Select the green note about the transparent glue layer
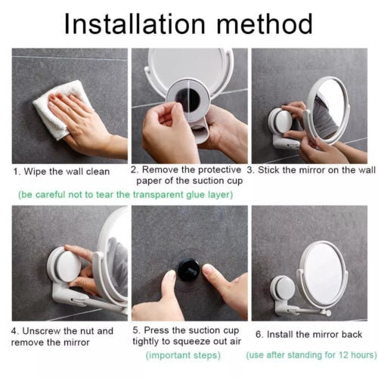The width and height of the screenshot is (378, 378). (x=125, y=194)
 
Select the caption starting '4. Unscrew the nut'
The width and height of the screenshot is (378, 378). (x=62, y=336)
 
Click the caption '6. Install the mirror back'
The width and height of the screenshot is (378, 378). (x=311, y=333)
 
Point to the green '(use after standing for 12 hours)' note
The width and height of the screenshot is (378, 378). (x=311, y=355)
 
